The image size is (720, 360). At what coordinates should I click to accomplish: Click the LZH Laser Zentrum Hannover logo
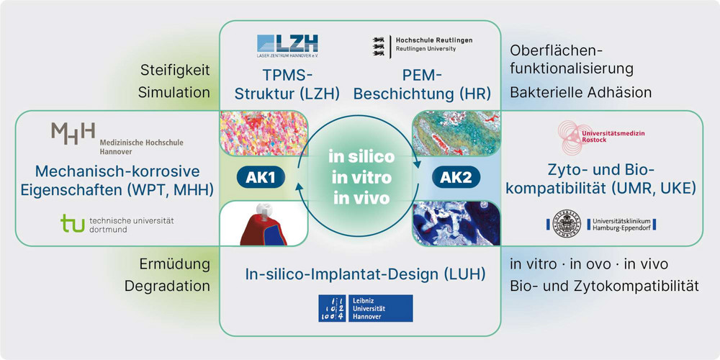pyautogui.click(x=288, y=45)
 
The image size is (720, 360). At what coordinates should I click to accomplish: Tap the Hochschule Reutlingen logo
pyautogui.click(x=423, y=45)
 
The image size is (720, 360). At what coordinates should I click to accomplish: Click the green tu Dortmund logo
pyautogui.click(x=117, y=224)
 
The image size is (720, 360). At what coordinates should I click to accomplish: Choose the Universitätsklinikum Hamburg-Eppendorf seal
pyautogui.click(x=566, y=224)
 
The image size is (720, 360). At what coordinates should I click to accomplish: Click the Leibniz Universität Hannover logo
pyautogui.click(x=366, y=308)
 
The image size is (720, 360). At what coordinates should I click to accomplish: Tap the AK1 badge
pyautogui.click(x=261, y=178)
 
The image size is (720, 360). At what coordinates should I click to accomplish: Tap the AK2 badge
pyautogui.click(x=456, y=178)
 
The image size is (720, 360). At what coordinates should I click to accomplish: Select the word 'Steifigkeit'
pyautogui.click(x=175, y=71)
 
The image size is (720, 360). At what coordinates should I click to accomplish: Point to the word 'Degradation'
pyautogui.click(x=167, y=286)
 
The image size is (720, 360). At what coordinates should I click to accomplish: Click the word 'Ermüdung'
pyautogui.click(x=175, y=264)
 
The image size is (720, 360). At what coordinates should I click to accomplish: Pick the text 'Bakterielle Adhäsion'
pyautogui.click(x=581, y=92)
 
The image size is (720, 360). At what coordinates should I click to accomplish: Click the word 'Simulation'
pyautogui.click(x=174, y=92)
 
